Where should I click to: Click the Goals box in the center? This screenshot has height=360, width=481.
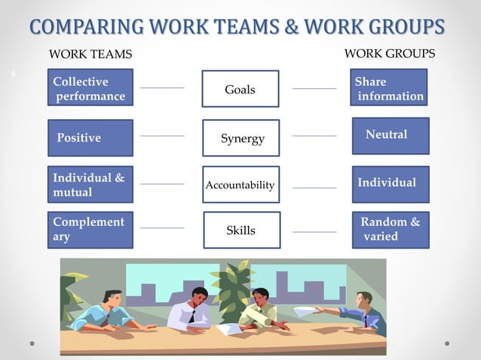[240, 89]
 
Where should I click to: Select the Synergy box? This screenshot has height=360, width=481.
[241, 138]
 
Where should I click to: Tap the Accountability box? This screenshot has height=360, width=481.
[240, 185]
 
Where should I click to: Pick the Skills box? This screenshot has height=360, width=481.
[241, 230]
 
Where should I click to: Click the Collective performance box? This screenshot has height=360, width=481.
[90, 87]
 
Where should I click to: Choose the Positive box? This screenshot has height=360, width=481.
[90, 138]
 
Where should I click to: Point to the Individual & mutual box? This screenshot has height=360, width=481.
[90, 185]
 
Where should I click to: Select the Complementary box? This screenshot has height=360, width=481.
[90, 230]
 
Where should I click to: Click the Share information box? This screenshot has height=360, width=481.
[389, 87]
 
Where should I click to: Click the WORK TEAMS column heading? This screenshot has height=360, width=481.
[90, 54]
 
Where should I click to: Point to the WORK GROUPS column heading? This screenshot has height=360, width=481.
[389, 53]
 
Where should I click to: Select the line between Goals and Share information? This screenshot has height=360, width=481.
[314, 89]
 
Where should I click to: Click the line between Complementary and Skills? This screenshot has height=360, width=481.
[162, 227]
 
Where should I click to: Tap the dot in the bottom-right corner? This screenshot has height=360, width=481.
[447, 343]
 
